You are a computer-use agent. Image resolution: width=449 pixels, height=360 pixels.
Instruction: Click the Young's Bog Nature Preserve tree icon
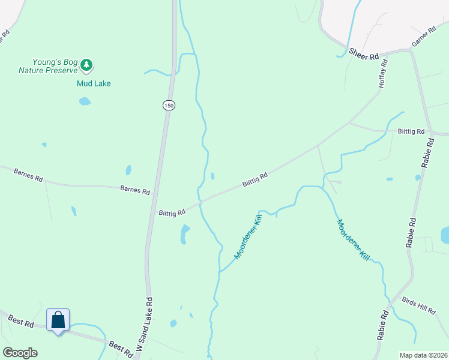(86, 64)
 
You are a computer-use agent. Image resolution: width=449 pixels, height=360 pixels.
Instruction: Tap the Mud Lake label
(94, 83)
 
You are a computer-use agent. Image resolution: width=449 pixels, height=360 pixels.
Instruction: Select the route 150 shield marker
(169, 105)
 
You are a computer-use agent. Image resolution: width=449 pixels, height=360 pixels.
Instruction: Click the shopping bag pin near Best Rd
(58, 320)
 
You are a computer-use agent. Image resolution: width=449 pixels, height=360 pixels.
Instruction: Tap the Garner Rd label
(423, 37)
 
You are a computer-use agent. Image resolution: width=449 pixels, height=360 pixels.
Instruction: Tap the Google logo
(20, 353)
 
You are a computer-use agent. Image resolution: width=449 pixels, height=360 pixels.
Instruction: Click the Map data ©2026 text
(423, 355)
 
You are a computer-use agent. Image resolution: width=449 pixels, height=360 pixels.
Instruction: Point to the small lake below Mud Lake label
(85, 101)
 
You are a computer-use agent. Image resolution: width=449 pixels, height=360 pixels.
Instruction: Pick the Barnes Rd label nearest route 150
(135, 190)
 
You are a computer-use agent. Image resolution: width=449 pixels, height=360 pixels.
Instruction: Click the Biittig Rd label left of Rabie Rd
(411, 131)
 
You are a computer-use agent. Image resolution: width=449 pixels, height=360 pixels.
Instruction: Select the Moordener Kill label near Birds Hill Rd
(352, 239)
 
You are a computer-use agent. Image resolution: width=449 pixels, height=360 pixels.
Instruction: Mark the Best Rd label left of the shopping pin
(21, 322)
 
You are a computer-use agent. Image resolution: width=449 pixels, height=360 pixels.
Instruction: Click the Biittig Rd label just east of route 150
(172, 212)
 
